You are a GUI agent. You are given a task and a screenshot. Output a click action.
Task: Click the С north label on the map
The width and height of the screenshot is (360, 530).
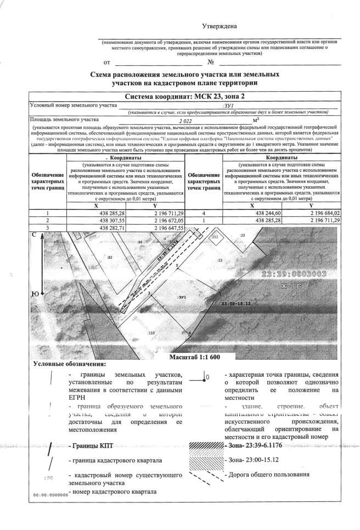(x=34, y=235)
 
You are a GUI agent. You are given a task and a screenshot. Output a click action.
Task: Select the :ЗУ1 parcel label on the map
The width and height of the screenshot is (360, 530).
(x=182, y=297)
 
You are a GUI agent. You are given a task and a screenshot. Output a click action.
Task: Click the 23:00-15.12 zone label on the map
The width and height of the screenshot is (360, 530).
(x=235, y=303)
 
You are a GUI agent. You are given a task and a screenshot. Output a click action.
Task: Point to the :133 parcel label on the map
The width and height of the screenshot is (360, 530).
(x=152, y=333)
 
